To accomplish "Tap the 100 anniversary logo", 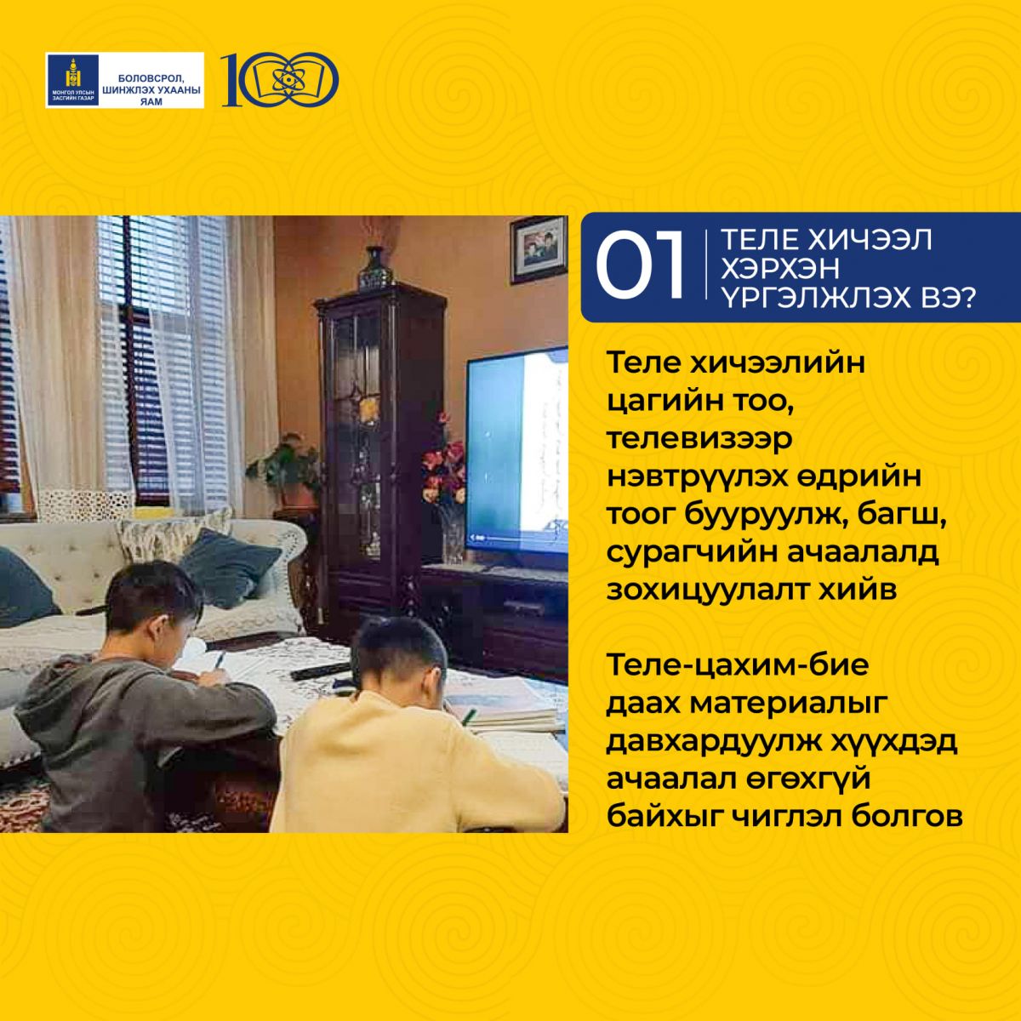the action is click(279, 79).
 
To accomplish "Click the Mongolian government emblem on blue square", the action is click(72, 80).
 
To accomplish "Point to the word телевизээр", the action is click(699, 439).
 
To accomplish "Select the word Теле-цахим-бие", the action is click(738, 665).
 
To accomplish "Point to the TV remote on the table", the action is click(319, 670).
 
